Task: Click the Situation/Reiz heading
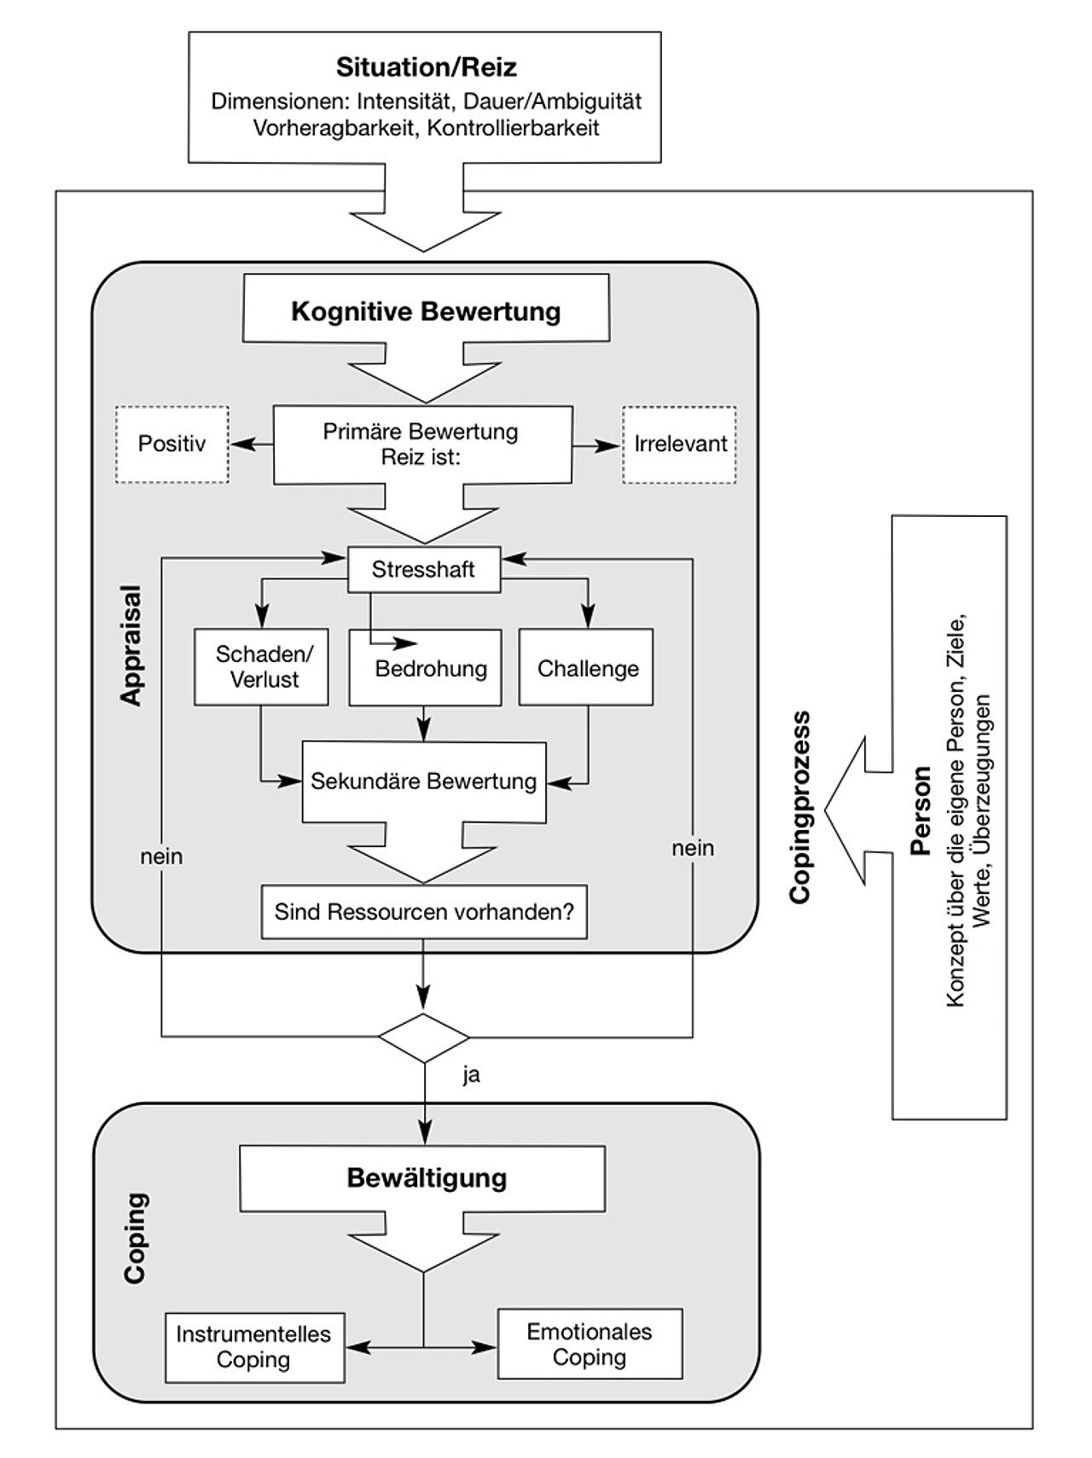tap(426, 67)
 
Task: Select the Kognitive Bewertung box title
tap(426, 311)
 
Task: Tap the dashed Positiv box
tap(172, 444)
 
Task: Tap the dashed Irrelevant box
tap(680, 444)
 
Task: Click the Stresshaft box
tap(423, 569)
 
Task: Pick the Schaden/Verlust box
tap(261, 667)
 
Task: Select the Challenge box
tap(587, 668)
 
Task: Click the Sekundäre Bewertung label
tap(423, 781)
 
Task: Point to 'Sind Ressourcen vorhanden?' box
tap(424, 912)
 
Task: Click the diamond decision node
tap(424, 1037)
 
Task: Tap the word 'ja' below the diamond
tap(471, 1075)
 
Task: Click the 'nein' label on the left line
tap(161, 856)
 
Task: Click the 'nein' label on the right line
tap(693, 848)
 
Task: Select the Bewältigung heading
tap(427, 1178)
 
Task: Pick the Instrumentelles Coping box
tap(254, 1347)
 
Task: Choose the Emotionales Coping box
tap(590, 1344)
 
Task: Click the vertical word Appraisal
tap(131, 645)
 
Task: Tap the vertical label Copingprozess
tap(799, 807)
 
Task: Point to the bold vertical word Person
tap(920, 810)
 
